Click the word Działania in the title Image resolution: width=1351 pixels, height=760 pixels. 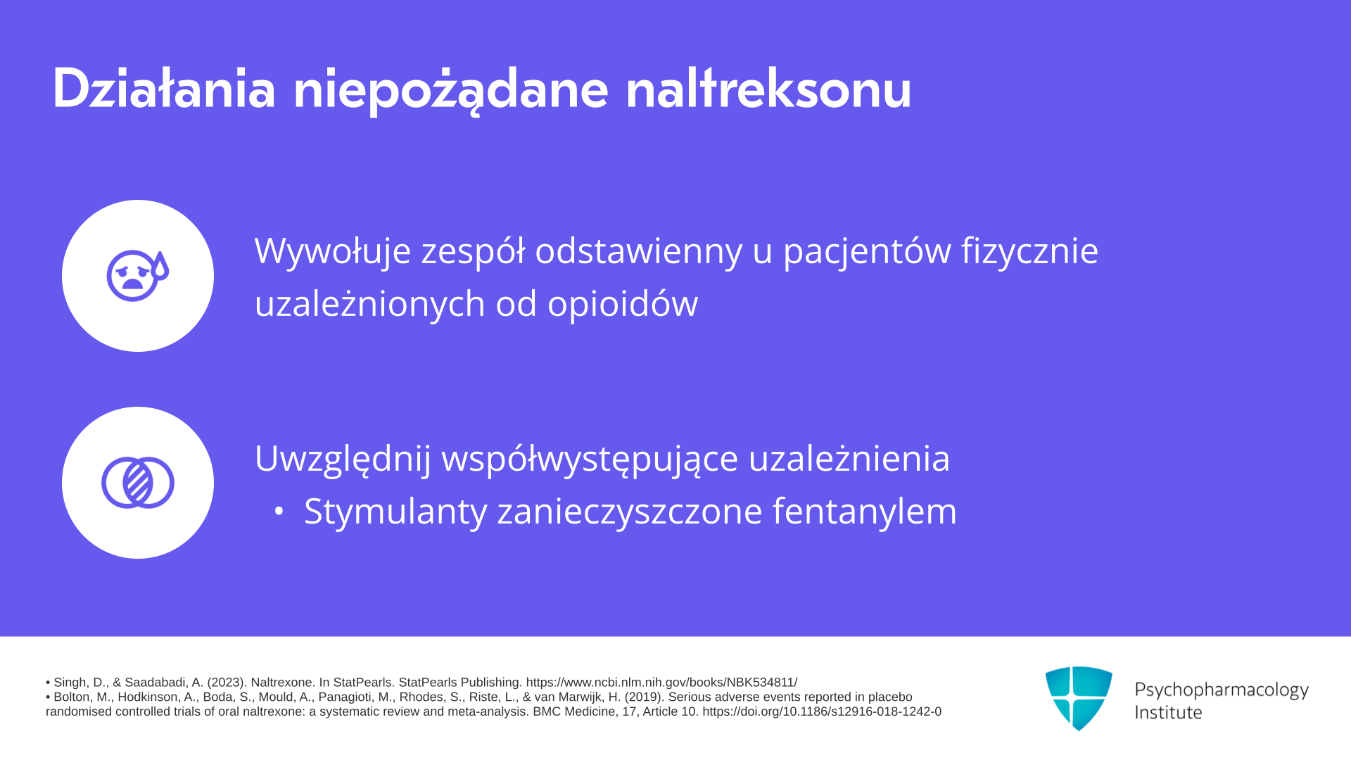click(x=164, y=89)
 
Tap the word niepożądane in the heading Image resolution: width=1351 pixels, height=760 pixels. click(x=450, y=91)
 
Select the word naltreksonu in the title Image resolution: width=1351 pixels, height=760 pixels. click(x=768, y=89)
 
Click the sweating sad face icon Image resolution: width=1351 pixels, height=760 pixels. click(x=138, y=275)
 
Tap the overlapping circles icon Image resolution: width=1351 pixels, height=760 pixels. click(x=138, y=483)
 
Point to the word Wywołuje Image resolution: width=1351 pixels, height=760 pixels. click(x=333, y=251)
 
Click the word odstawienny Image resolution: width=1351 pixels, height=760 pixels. click(x=638, y=251)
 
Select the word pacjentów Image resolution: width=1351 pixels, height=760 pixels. click(x=867, y=251)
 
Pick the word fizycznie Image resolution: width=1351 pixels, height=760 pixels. click(x=1030, y=251)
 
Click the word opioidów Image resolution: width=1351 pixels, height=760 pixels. click(x=623, y=304)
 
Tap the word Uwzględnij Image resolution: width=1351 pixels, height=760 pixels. click(x=343, y=459)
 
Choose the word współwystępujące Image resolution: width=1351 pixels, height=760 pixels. click(x=590, y=459)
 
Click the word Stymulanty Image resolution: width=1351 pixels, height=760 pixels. click(x=395, y=512)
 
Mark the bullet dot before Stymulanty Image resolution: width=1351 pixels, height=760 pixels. click(x=279, y=512)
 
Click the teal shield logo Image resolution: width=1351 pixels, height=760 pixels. click(x=1079, y=698)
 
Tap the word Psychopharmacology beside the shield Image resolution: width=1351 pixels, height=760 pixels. click(x=1222, y=690)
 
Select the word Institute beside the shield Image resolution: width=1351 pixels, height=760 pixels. click(x=1169, y=712)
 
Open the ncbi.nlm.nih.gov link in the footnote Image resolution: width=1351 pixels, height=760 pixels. click(x=661, y=683)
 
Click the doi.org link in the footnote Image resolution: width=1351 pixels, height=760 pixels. click(x=822, y=712)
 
